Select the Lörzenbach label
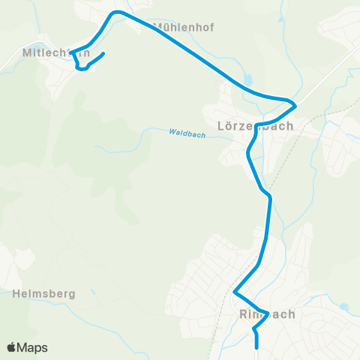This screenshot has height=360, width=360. pos(254,126)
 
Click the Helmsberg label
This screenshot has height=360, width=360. pos(44,294)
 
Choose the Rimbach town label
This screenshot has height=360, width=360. pos(267,314)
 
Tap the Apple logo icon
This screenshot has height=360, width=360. pos(12,347)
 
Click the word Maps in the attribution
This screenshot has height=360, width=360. pos(32,347)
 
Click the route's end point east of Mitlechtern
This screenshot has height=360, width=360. pos(102,53)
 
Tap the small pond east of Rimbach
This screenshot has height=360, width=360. pos(343,307)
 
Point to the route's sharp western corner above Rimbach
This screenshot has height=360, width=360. pos(235,292)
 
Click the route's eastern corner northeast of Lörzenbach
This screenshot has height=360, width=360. pos(296,104)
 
